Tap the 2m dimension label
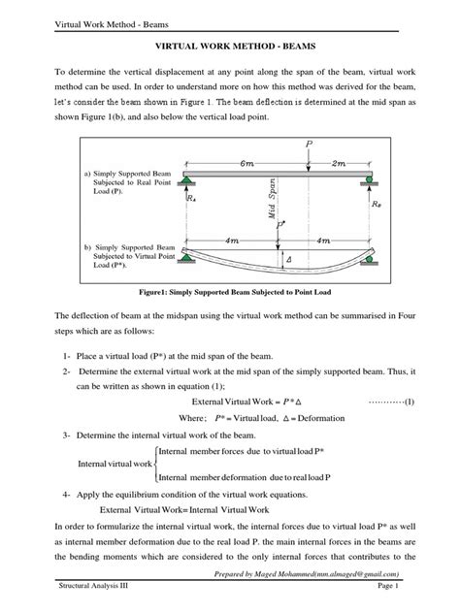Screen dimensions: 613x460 [339, 165]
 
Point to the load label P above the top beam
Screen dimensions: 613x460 [309, 143]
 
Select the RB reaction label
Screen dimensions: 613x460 [376, 206]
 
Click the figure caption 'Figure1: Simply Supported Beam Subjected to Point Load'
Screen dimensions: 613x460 [230, 290]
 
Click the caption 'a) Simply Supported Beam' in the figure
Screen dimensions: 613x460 [119, 172]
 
